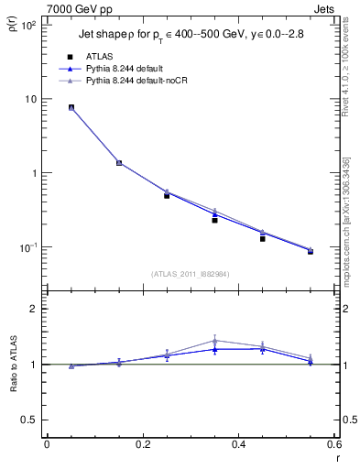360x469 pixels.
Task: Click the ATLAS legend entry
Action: click(101, 56)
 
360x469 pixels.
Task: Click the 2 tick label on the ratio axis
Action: click(33, 309)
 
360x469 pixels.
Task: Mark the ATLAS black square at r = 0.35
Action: click(214, 220)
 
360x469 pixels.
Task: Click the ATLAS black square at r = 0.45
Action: click(262, 238)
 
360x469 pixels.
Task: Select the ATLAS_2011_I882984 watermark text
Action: click(191, 273)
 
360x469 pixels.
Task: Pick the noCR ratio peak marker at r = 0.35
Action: click(214, 340)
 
